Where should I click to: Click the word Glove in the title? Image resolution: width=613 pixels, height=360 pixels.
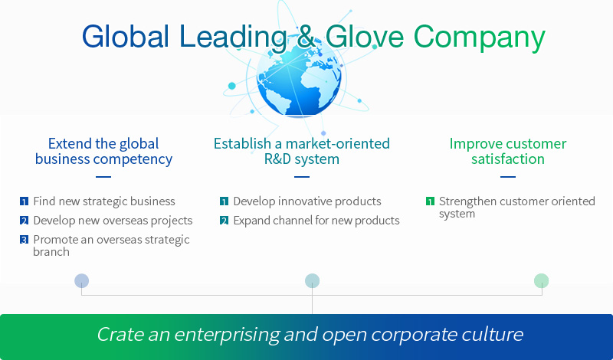point(365,36)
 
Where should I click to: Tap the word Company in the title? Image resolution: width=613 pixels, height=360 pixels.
point(480,38)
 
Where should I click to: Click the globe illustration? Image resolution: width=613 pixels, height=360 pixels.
point(299,77)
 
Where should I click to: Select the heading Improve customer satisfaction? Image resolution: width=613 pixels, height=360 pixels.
point(508,151)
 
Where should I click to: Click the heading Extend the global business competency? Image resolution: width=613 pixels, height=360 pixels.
point(103,152)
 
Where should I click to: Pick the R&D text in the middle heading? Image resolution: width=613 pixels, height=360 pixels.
point(280,159)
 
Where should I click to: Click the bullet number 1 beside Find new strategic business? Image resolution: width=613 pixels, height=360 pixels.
point(25,201)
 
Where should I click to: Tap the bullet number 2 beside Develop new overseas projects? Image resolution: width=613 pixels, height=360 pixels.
point(25,221)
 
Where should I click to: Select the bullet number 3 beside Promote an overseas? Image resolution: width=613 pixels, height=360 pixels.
point(25,239)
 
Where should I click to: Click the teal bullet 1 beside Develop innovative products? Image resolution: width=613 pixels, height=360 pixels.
point(224,201)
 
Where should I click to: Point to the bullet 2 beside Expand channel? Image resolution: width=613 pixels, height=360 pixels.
point(224,221)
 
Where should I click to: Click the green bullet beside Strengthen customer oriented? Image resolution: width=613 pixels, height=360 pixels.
point(430,201)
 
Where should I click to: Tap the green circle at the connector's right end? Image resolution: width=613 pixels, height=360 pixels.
point(542,280)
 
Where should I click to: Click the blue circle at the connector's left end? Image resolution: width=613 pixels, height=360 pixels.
point(82,280)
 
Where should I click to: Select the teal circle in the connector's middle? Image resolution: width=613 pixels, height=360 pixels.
point(312,280)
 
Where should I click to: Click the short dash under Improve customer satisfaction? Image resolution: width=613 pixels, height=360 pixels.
point(508,177)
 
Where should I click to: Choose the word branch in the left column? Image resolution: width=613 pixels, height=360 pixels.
point(51,252)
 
